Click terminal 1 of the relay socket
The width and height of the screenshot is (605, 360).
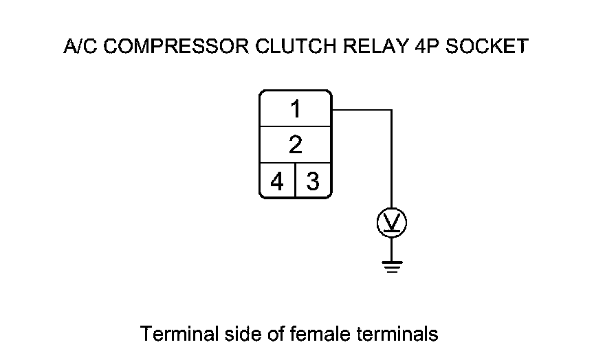[295, 109]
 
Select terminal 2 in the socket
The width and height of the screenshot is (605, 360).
[295, 145]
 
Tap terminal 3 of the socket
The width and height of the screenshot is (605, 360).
[313, 182]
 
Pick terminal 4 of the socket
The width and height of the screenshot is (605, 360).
[277, 182]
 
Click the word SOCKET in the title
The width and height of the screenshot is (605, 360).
[489, 47]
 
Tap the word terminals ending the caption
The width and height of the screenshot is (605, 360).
[399, 335]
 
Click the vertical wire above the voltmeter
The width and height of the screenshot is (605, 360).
[392, 158]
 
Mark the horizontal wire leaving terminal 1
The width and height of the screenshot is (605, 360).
[361, 109]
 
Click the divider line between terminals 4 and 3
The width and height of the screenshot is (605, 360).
[295, 181]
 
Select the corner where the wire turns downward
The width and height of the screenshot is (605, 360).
[392, 109]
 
